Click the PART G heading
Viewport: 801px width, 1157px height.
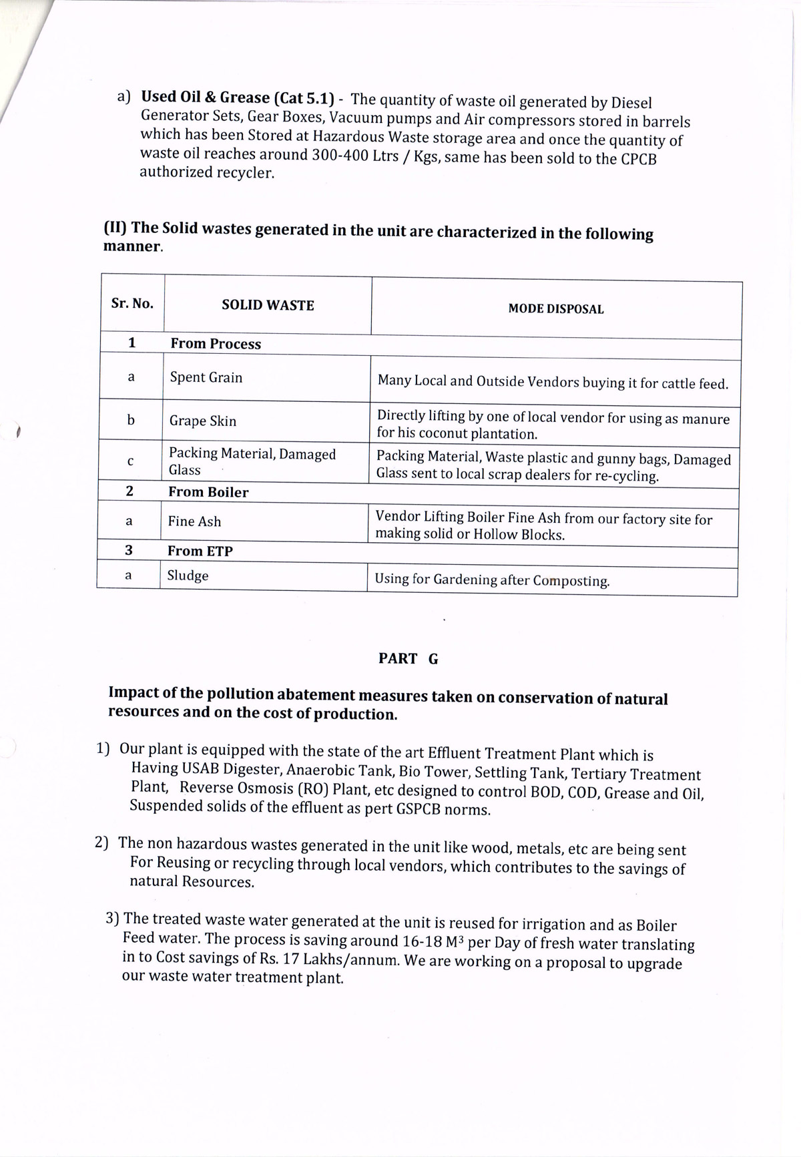pos(408,659)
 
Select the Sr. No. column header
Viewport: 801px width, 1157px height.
pos(132,303)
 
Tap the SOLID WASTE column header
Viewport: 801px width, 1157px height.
pos(268,305)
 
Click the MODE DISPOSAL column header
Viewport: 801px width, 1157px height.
pos(555,309)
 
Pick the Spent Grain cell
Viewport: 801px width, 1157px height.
pos(206,377)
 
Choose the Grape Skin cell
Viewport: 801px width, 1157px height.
pos(203,421)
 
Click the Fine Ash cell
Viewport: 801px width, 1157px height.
pos(194,521)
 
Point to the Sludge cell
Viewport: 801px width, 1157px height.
pos(188,575)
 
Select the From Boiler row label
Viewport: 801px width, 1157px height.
pos(208,492)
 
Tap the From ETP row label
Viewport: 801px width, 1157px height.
pos(200,551)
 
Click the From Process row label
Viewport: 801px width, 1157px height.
pos(216,344)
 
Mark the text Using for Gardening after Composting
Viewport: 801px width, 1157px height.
pos(492,580)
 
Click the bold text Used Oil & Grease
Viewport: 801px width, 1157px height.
pos(205,97)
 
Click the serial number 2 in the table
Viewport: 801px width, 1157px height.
pos(129,491)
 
